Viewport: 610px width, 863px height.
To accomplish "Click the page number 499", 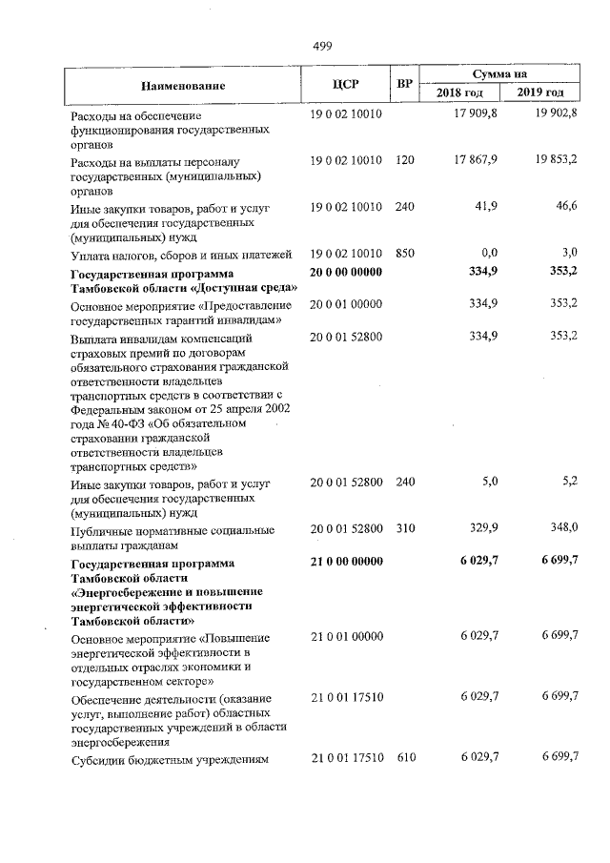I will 321,45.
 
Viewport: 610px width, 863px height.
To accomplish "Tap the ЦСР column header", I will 345,84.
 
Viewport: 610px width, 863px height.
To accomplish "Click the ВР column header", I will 404,84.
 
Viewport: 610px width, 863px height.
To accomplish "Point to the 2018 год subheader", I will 459,92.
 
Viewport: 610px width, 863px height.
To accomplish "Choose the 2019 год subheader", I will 540,92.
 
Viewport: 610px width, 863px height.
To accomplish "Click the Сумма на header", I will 500,73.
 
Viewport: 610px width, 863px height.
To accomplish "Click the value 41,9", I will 485,207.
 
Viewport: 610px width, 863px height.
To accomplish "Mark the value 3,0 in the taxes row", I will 569,254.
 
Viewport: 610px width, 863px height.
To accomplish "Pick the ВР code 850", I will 404,254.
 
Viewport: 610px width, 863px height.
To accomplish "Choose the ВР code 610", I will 404,758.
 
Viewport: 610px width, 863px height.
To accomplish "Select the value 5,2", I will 569,483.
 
